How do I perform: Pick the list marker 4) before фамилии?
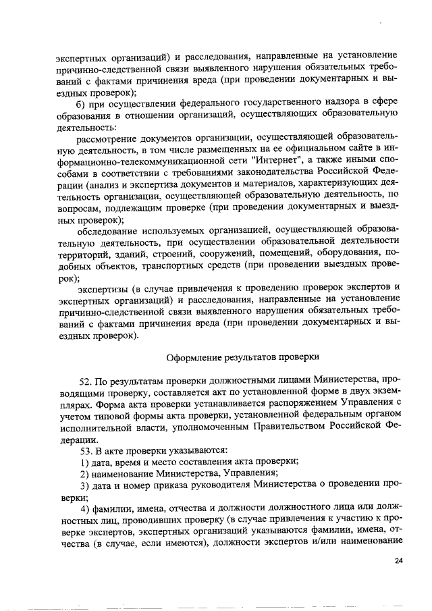click(85, 508)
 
